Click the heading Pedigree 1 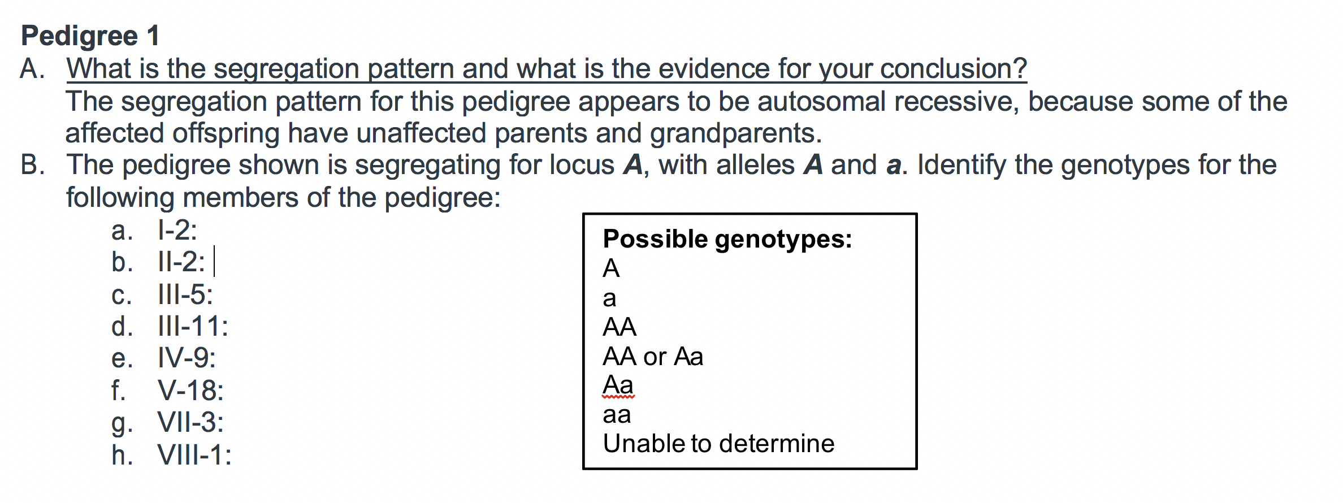[90, 36]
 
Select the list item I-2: [177, 231]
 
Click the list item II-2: [181, 262]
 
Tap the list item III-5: [185, 294]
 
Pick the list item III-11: [193, 327]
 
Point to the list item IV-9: [187, 358]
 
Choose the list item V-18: [190, 391]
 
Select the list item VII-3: [190, 423]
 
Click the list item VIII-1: [194, 455]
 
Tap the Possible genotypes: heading [727, 239]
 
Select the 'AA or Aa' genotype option [653, 357]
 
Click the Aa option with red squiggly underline [618, 385]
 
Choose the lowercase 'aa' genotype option [617, 415]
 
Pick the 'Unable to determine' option [718, 444]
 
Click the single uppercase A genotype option [611, 268]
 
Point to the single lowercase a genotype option [609, 298]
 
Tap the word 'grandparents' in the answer [735, 133]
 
